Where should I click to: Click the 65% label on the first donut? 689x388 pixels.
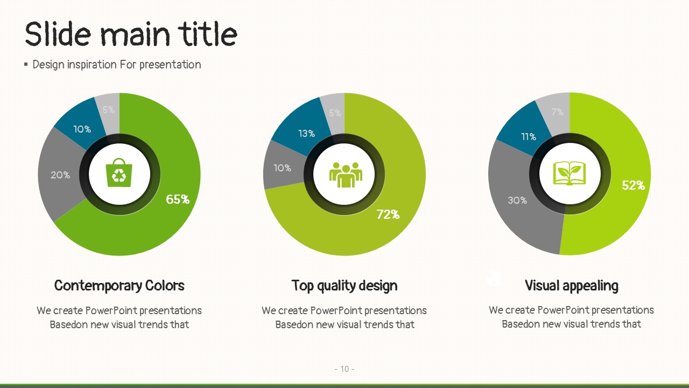point(178,199)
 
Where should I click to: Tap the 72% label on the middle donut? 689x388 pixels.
point(388,214)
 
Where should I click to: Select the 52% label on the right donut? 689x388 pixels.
point(633,185)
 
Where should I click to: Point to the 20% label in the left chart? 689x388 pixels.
point(60,175)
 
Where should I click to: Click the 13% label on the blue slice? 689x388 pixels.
point(306,134)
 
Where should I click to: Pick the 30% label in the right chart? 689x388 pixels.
point(517,200)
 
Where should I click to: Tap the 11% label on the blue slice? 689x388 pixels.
point(529,137)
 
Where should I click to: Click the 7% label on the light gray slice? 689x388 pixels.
point(557,112)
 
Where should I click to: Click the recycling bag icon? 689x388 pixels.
point(119,172)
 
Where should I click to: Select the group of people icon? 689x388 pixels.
point(346,175)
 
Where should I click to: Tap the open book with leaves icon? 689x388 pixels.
point(569,174)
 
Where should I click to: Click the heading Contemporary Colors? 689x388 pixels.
point(119,286)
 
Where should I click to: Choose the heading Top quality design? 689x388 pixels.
point(344,286)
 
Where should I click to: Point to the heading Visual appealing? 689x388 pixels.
point(572,286)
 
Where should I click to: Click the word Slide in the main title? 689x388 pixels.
point(58,34)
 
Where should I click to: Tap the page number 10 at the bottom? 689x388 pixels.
point(344,369)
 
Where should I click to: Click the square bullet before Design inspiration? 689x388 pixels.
point(26,64)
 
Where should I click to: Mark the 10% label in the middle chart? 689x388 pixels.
point(283,168)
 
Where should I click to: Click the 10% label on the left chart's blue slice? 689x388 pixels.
point(82,129)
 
